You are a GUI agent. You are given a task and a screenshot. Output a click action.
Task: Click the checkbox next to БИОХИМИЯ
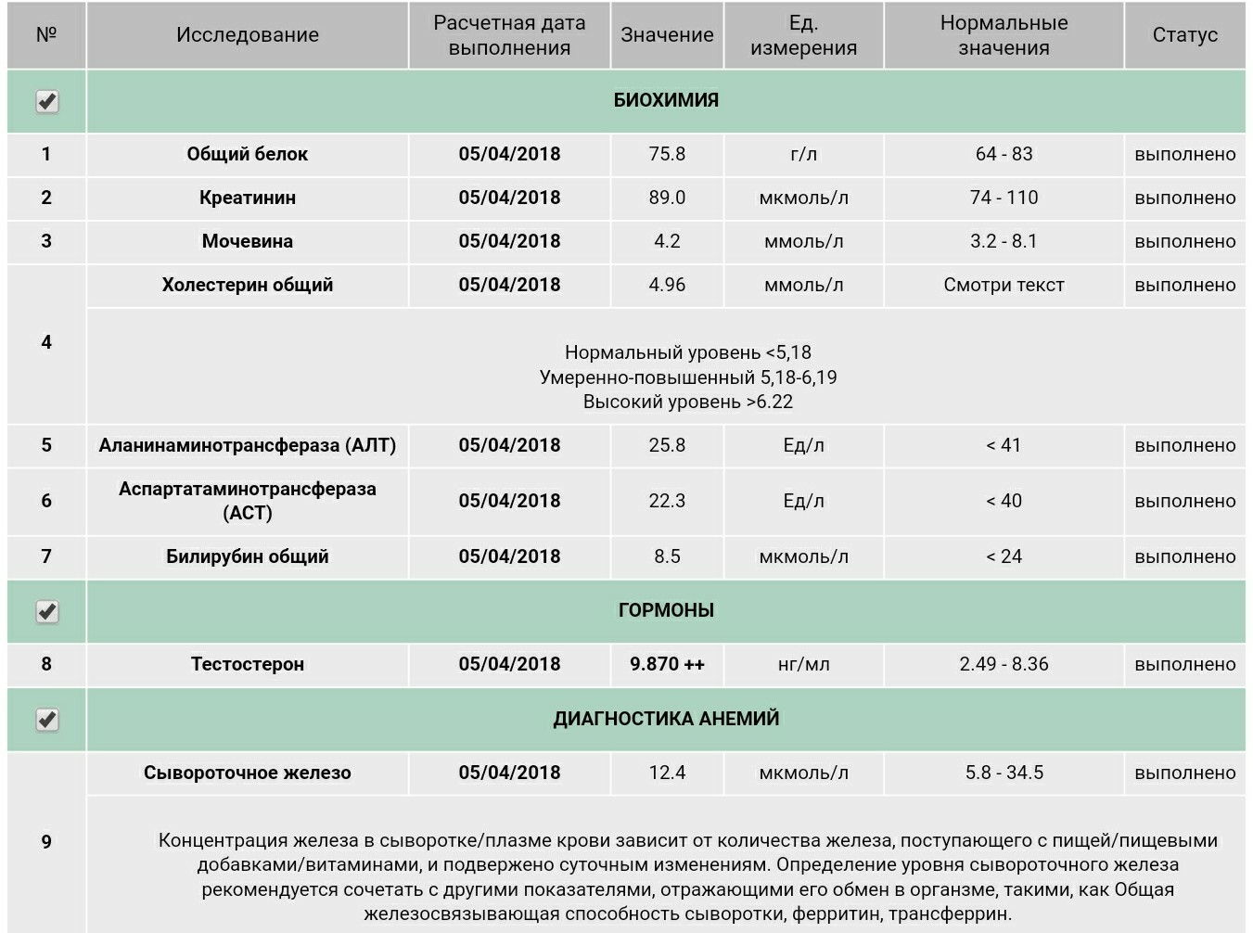point(47,101)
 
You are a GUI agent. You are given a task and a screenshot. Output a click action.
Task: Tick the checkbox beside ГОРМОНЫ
point(47,612)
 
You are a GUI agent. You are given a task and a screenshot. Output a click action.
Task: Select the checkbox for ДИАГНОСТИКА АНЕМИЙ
point(47,720)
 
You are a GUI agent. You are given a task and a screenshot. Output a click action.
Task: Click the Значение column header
point(667,35)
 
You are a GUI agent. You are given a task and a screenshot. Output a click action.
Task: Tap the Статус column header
point(1184,35)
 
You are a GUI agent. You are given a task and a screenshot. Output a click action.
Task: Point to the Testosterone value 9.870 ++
point(667,664)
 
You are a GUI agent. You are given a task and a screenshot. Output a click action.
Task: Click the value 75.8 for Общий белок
point(667,154)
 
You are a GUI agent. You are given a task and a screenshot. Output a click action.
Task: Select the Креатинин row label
point(248,198)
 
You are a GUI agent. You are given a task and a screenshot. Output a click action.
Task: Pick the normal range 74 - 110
point(1004,198)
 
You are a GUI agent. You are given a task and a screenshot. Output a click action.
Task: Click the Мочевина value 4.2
point(667,241)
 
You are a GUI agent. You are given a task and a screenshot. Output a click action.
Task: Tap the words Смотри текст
point(1004,285)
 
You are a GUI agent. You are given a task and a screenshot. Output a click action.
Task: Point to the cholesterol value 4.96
point(667,285)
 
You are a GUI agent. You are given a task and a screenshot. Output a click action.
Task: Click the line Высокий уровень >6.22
point(687,403)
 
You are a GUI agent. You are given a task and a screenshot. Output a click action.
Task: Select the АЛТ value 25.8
point(667,445)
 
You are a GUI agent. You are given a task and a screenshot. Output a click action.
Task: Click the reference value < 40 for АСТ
point(1004,501)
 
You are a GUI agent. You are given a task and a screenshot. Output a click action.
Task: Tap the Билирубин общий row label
point(248,556)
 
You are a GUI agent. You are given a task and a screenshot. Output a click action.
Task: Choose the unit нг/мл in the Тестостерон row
point(803,664)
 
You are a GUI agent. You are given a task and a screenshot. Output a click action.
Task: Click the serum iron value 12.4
point(667,773)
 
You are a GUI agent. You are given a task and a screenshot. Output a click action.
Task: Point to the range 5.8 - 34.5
point(1004,773)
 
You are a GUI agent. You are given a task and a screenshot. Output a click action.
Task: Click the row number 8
point(46,664)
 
